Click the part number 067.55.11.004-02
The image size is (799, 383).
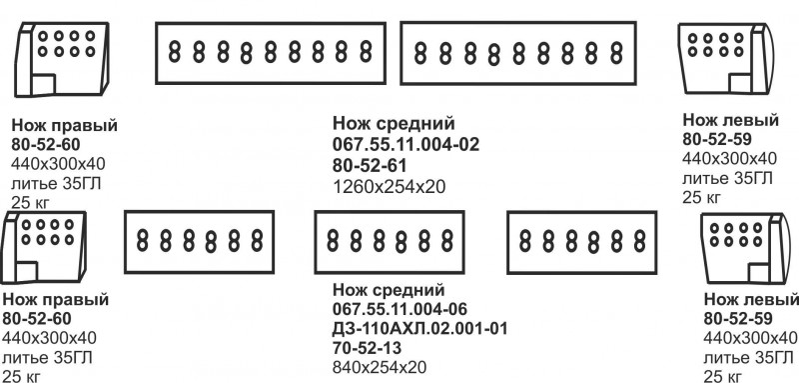coord(405,145)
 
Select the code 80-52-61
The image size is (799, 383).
coord(369,165)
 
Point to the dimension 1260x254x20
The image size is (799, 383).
coord(389,186)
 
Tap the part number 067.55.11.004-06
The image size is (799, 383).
coord(399,308)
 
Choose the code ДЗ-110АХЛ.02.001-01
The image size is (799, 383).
coord(420,328)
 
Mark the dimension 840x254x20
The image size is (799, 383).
coord(380,368)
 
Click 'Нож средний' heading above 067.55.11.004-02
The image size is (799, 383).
coord(394,125)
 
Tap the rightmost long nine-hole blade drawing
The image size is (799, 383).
coord(518,52)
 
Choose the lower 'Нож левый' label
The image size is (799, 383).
coord(751,301)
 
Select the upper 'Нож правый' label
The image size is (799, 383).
coord(64,126)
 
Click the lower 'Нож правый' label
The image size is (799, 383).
coord(55,300)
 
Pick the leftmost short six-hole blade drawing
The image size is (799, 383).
coord(198,240)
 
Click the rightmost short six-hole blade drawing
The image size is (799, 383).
coord(581,241)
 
